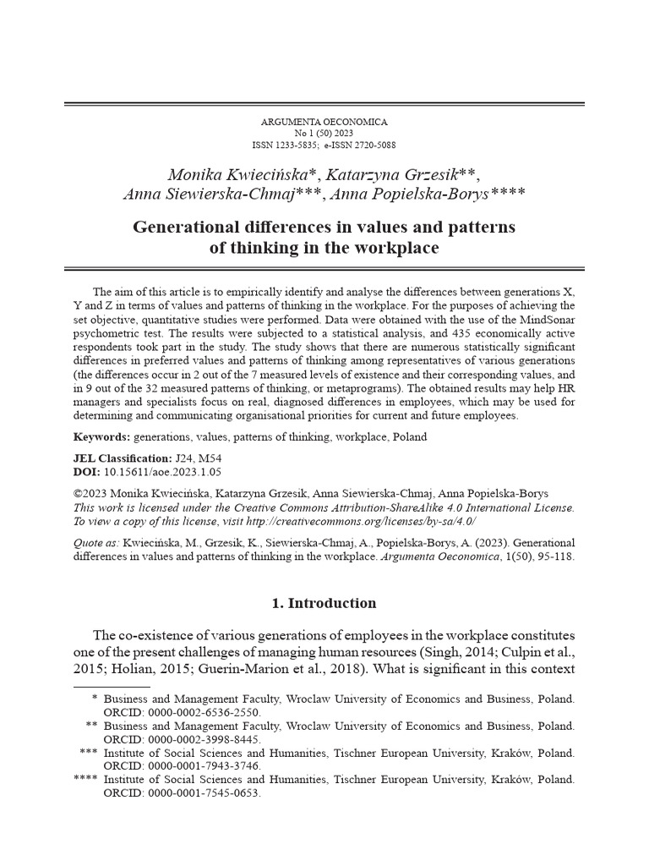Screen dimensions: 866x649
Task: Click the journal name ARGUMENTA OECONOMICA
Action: point(324,123)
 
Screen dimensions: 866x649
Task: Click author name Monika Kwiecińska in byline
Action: point(238,175)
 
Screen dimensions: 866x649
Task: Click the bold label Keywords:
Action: point(101,437)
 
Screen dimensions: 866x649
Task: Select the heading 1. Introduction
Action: point(324,603)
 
